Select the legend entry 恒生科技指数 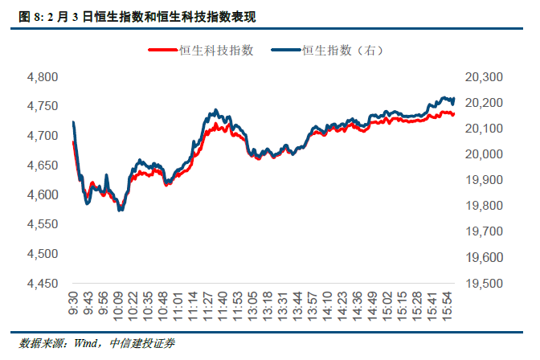217,50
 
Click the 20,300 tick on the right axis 484,77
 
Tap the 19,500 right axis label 484,284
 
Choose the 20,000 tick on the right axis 484,154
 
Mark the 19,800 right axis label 484,206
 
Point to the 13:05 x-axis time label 252,306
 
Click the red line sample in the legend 162,51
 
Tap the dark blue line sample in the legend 285,51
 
